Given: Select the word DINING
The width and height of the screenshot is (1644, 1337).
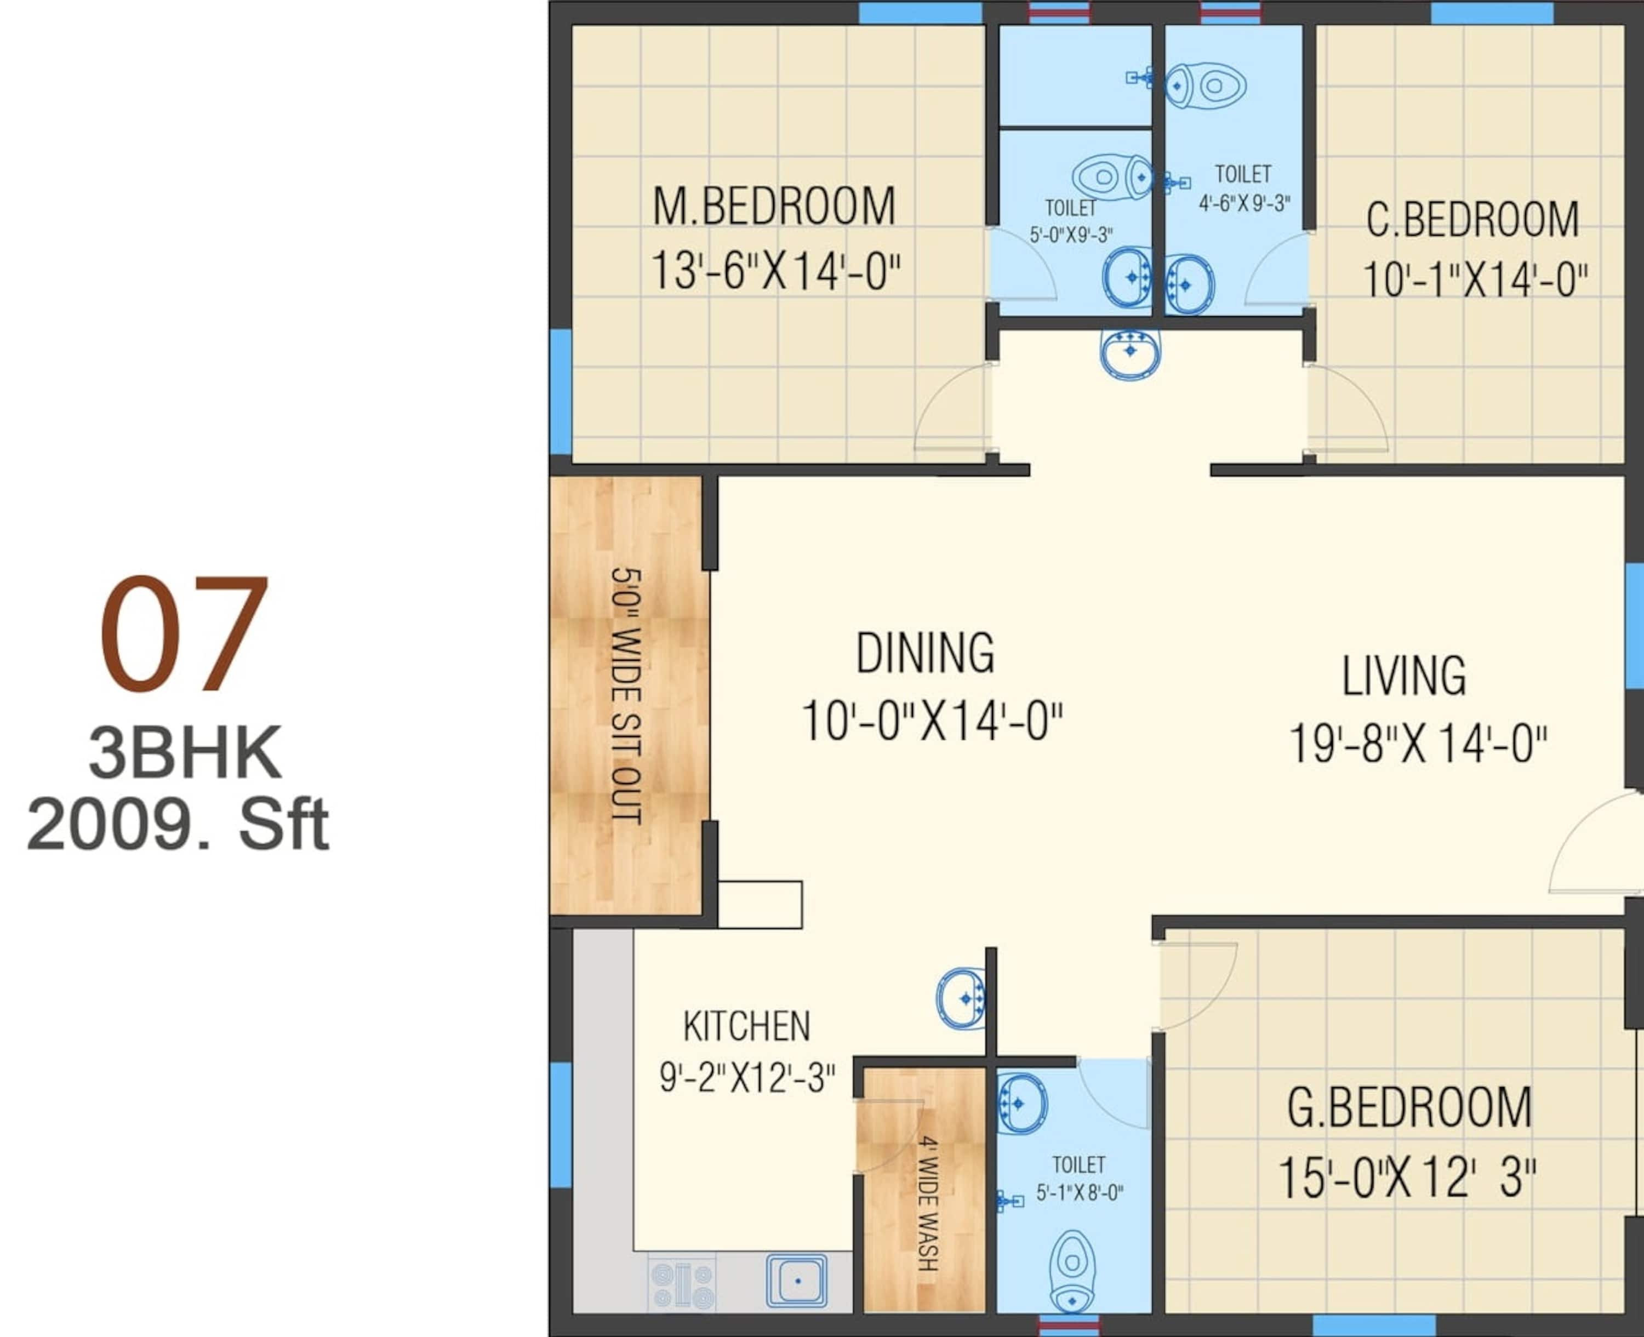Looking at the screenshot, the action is coord(925,653).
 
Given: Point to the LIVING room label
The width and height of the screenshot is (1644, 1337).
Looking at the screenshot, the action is coord(1404,676).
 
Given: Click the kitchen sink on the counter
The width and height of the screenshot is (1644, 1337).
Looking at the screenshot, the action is coord(797,1281).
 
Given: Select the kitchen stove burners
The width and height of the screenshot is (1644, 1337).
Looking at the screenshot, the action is coord(682,1283).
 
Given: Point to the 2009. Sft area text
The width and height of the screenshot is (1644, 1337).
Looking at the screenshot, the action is coord(178,824).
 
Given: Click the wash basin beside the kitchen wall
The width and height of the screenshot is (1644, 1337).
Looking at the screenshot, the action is coord(962,998).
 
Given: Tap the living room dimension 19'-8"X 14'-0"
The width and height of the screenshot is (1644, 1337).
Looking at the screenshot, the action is coord(1418,745).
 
